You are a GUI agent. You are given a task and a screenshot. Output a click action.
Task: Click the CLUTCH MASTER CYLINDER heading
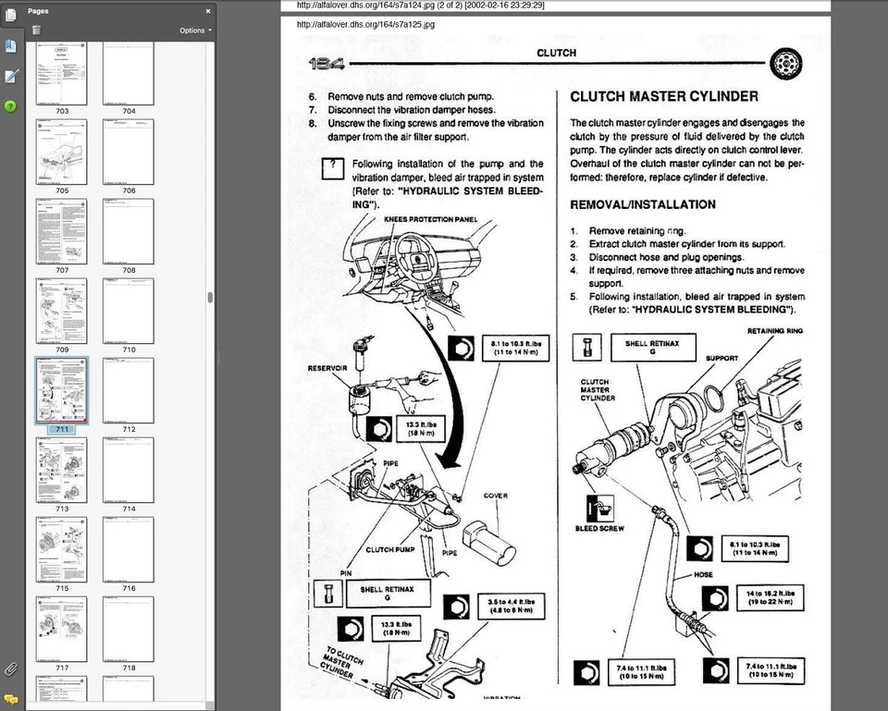(x=664, y=96)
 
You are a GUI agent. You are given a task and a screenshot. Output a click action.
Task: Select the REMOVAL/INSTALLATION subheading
(x=642, y=204)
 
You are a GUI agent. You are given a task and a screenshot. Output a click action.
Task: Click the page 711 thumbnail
(x=62, y=390)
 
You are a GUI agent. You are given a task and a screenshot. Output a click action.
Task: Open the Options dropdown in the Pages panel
(x=195, y=31)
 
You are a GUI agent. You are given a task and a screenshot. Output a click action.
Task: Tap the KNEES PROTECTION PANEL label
(x=430, y=219)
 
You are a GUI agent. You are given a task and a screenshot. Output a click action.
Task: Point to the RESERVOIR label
(x=327, y=367)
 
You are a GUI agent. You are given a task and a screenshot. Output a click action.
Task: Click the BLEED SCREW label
(x=599, y=528)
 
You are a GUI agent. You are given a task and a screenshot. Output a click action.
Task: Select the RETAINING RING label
(x=774, y=330)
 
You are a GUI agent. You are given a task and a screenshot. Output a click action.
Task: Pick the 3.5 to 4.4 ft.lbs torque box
(x=509, y=607)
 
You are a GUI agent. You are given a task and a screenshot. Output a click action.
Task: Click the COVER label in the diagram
(x=495, y=496)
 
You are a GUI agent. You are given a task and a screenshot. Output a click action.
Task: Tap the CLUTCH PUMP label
(x=390, y=549)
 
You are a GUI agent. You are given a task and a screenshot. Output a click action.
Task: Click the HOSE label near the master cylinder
(x=704, y=574)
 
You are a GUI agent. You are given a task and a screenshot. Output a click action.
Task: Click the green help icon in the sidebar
(x=10, y=106)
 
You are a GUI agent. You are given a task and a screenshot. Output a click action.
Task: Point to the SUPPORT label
(x=722, y=357)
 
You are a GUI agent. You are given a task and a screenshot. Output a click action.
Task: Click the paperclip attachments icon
(x=10, y=668)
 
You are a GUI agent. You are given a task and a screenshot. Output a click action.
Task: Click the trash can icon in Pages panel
(x=36, y=31)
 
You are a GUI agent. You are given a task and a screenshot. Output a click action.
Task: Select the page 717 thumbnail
(x=62, y=629)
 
